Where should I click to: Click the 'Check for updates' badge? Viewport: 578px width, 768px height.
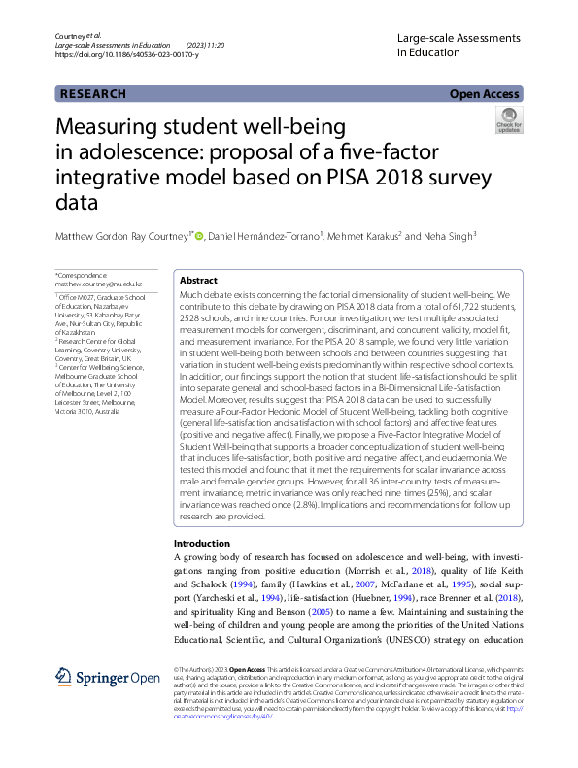[509, 120]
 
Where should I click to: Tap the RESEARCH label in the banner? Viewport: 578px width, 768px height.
[93, 94]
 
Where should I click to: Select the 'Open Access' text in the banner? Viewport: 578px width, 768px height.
[487, 94]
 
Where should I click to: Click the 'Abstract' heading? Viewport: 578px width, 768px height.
[199, 279]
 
